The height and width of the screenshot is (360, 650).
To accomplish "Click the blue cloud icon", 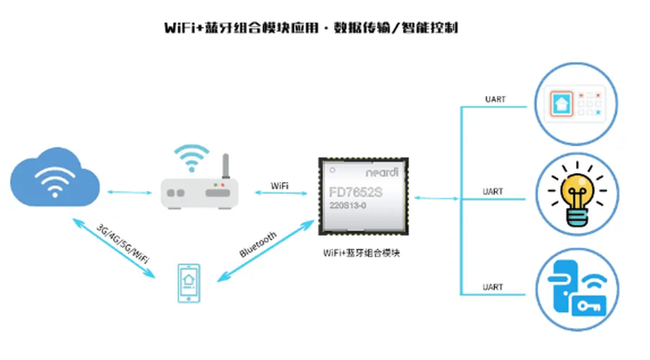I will (56, 180).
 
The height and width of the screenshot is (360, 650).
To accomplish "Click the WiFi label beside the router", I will (279, 186).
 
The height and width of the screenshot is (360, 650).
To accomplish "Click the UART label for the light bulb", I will (493, 192).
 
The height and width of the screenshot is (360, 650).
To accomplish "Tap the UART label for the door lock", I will (493, 288).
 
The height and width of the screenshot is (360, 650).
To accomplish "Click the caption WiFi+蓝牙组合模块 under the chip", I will (362, 254).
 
